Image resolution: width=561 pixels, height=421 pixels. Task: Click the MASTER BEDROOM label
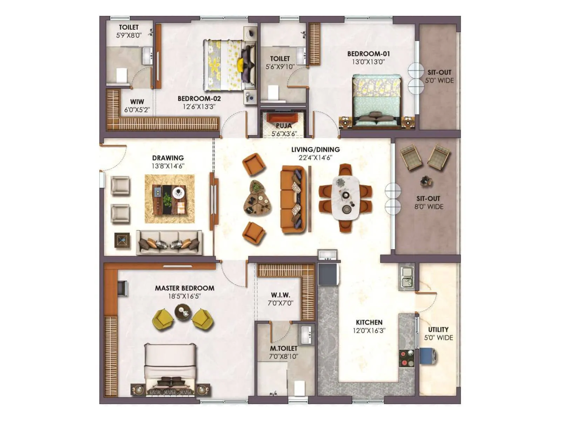[x=184, y=288]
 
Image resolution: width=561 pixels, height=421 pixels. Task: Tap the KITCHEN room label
[x=369, y=322]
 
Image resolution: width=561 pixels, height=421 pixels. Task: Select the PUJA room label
[x=284, y=126]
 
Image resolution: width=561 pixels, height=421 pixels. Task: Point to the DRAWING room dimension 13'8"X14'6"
[x=168, y=166]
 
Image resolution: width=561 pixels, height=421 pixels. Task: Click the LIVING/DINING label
[x=315, y=149]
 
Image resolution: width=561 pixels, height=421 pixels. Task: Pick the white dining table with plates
[x=346, y=198]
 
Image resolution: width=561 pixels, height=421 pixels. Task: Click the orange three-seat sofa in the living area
[x=293, y=199]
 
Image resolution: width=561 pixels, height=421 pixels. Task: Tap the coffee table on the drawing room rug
[x=169, y=199]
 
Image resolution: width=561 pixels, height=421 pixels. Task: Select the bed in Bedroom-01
[x=376, y=100]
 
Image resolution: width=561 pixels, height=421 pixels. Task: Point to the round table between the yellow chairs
[x=183, y=312]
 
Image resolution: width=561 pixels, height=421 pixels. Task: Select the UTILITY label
[x=438, y=329]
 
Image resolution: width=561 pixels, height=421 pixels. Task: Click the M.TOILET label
[x=283, y=348]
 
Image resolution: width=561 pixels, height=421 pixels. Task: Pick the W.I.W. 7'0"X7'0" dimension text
[x=280, y=303]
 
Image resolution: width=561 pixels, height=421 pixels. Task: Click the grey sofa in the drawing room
[x=169, y=242]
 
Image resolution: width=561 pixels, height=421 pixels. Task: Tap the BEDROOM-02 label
[x=199, y=99]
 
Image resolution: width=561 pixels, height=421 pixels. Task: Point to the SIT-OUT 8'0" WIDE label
[x=428, y=202]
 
